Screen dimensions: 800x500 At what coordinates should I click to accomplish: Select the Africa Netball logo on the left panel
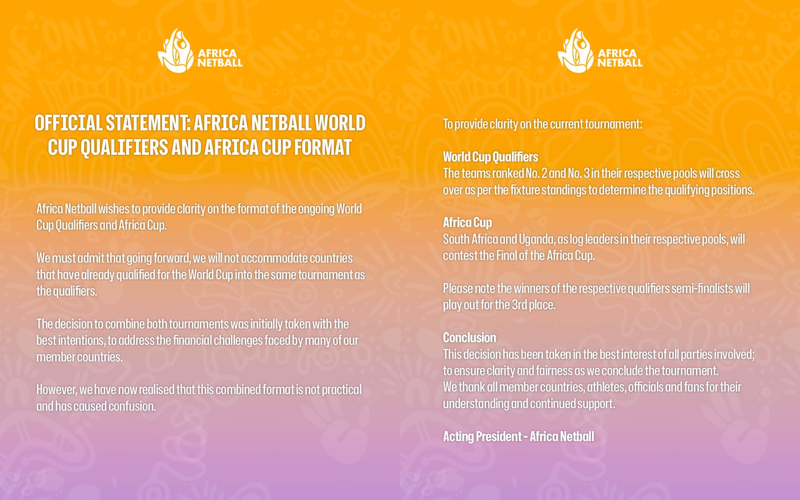click(200, 51)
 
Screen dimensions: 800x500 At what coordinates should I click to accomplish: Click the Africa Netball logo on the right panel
click(600, 51)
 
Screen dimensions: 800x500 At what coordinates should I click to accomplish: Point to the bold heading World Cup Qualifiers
click(490, 157)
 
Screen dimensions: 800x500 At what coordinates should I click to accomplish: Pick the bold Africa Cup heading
click(467, 223)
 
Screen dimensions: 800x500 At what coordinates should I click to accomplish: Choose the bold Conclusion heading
click(470, 338)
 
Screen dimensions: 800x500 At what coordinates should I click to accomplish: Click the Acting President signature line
click(519, 437)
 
